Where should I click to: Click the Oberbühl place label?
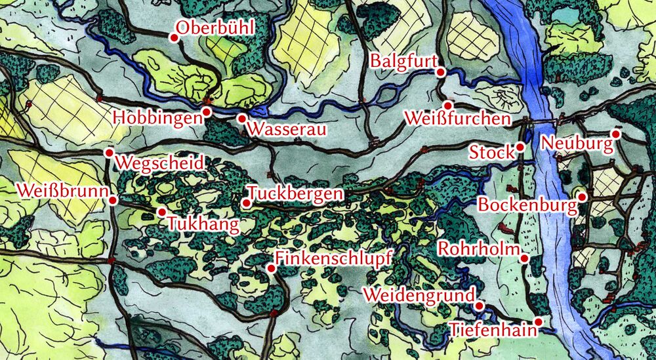pyautogui.click(x=215, y=28)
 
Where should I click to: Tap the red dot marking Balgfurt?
pyautogui.click(x=441, y=72)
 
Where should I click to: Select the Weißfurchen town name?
pyautogui.click(x=457, y=119)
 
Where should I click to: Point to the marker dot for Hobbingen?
pyautogui.click(x=206, y=112)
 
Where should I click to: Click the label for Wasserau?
pyautogui.click(x=287, y=129)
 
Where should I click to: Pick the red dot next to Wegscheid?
pyautogui.click(x=109, y=153)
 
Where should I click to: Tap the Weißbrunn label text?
pyautogui.click(x=62, y=191)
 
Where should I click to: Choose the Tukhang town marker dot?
pyautogui.click(x=161, y=212)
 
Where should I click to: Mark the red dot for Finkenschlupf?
pyautogui.click(x=271, y=269)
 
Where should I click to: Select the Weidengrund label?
pyautogui.click(x=418, y=296)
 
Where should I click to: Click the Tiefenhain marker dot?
pyautogui.click(x=539, y=322)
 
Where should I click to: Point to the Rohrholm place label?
pyautogui.click(x=479, y=249)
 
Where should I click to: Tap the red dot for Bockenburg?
pyautogui.click(x=582, y=196)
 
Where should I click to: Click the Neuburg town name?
pyautogui.click(x=575, y=143)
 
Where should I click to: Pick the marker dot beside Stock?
pyautogui.click(x=520, y=147)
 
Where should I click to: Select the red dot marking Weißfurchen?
pyautogui.click(x=448, y=106)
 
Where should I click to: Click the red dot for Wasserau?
pyautogui.click(x=241, y=119)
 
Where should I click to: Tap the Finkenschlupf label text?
pyautogui.click(x=333, y=258)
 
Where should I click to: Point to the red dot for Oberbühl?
pyautogui.click(x=174, y=37)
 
